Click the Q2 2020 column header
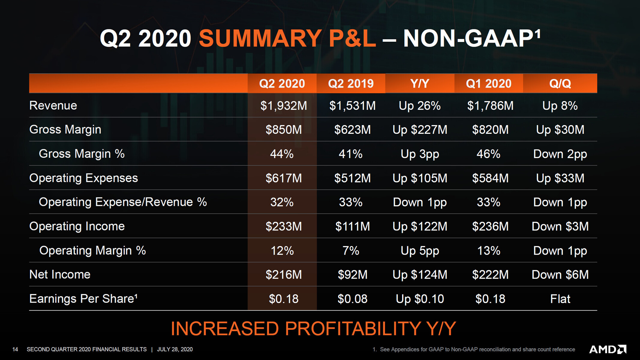[x=282, y=83]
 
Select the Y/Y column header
[x=420, y=83]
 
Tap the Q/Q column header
[x=560, y=83]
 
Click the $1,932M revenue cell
[x=283, y=106]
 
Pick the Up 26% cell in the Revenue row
[x=420, y=106]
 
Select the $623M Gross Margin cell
[x=352, y=130]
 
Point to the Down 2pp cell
[x=560, y=154]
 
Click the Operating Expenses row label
[x=83, y=178]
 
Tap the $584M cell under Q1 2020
[x=490, y=178]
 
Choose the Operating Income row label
[x=77, y=226]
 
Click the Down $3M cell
[x=560, y=226]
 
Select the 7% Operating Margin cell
[x=351, y=250]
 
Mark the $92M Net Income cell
[x=352, y=274]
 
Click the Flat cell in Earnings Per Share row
[x=560, y=299]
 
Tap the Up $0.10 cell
[x=420, y=299]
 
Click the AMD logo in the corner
[x=608, y=349]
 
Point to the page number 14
[x=15, y=349]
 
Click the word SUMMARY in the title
[x=260, y=38]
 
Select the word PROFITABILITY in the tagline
[x=353, y=328]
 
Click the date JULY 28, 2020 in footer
[x=175, y=349]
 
